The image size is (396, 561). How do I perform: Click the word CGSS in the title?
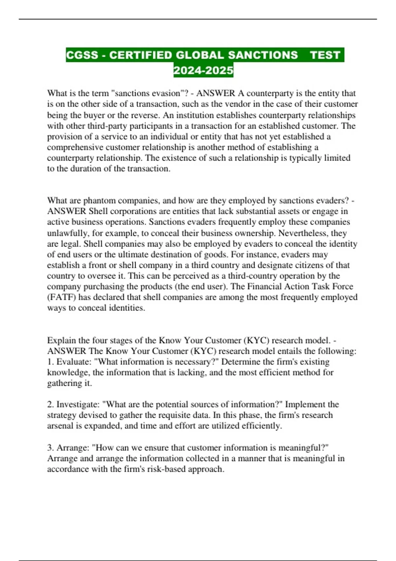82,55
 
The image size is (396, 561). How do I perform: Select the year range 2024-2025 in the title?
203,70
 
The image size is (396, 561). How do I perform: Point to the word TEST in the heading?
325,55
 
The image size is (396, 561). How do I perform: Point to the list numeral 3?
50,447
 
